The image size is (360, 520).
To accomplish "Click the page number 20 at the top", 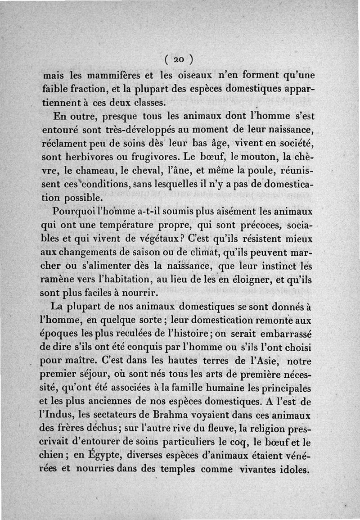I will tap(179, 59).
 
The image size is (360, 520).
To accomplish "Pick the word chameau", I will tap(99, 172).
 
